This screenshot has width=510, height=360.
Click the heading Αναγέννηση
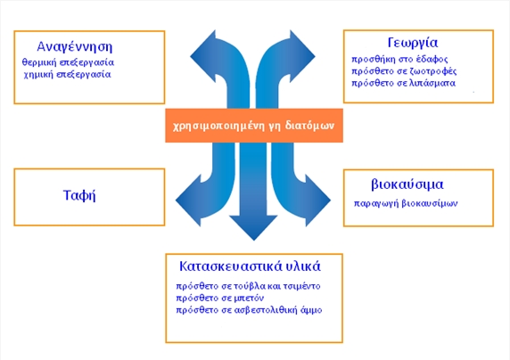click(75, 47)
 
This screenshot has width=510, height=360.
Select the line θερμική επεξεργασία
click(68, 62)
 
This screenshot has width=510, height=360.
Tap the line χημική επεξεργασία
click(68, 75)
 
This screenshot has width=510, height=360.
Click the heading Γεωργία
click(413, 43)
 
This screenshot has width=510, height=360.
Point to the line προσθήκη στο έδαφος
click(399, 60)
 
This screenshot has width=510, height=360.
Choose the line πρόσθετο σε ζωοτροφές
click(404, 71)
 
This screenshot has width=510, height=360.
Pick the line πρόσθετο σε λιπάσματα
click(403, 83)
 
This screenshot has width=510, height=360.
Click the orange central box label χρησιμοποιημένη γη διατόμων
click(254, 126)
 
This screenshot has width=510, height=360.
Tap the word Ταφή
click(79, 195)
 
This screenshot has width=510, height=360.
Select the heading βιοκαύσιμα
click(407, 184)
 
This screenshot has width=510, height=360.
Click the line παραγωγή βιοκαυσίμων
click(406, 203)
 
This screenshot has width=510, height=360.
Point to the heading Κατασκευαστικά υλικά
click(250, 266)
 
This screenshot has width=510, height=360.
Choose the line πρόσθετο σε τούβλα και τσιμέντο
click(248, 286)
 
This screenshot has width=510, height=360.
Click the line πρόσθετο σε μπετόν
click(220, 299)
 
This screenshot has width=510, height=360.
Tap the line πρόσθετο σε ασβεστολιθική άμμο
click(249, 310)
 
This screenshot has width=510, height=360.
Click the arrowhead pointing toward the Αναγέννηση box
click(203, 56)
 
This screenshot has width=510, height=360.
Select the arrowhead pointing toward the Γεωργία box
click(302, 56)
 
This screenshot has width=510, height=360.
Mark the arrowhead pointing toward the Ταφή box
click(189, 200)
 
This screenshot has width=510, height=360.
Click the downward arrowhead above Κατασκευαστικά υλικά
click(254, 227)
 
